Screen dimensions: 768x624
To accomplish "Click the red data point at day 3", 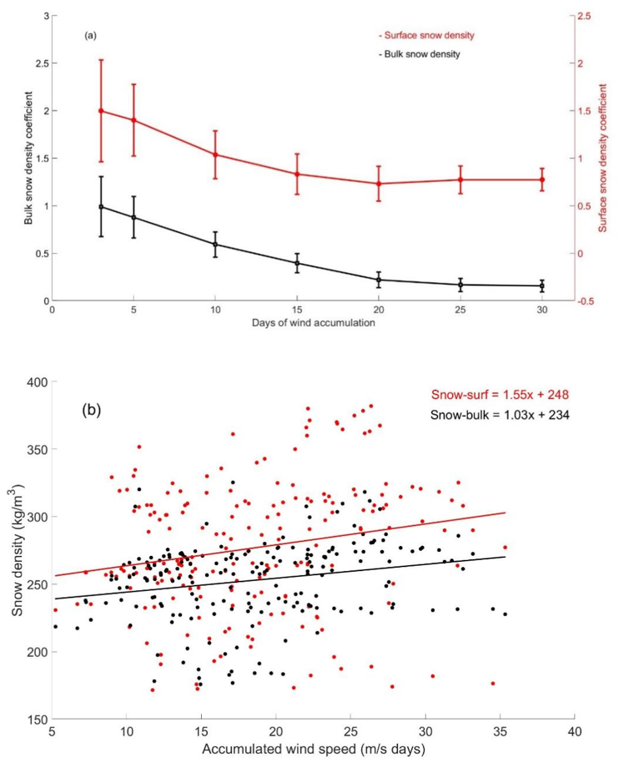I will point(101,111).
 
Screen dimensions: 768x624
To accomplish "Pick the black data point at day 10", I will point(215,245).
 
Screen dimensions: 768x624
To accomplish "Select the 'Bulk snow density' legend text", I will point(420,54).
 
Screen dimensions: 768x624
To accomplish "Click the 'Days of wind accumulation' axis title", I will point(310,322).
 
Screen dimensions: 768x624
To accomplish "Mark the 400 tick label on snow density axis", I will point(35,382).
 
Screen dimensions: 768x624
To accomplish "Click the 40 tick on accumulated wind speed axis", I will point(573,734).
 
